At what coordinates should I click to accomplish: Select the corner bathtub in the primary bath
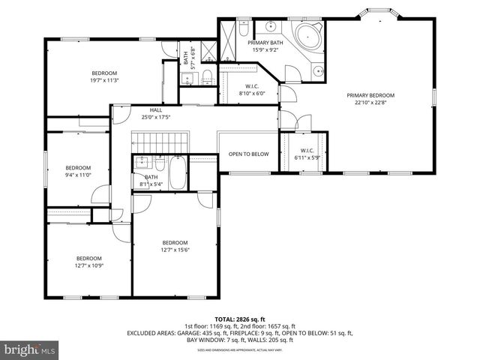pos(307,36)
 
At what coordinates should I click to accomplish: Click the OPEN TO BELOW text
pos(248,154)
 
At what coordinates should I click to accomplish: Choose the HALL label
pos(156,109)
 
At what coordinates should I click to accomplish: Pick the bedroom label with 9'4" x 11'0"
pos(78,168)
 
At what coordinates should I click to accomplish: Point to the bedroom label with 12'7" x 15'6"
pos(175,243)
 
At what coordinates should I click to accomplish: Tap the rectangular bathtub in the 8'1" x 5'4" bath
pos(178,173)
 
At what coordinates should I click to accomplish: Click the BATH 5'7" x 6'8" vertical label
pos(186,58)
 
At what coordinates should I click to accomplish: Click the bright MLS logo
pos(31,349)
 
